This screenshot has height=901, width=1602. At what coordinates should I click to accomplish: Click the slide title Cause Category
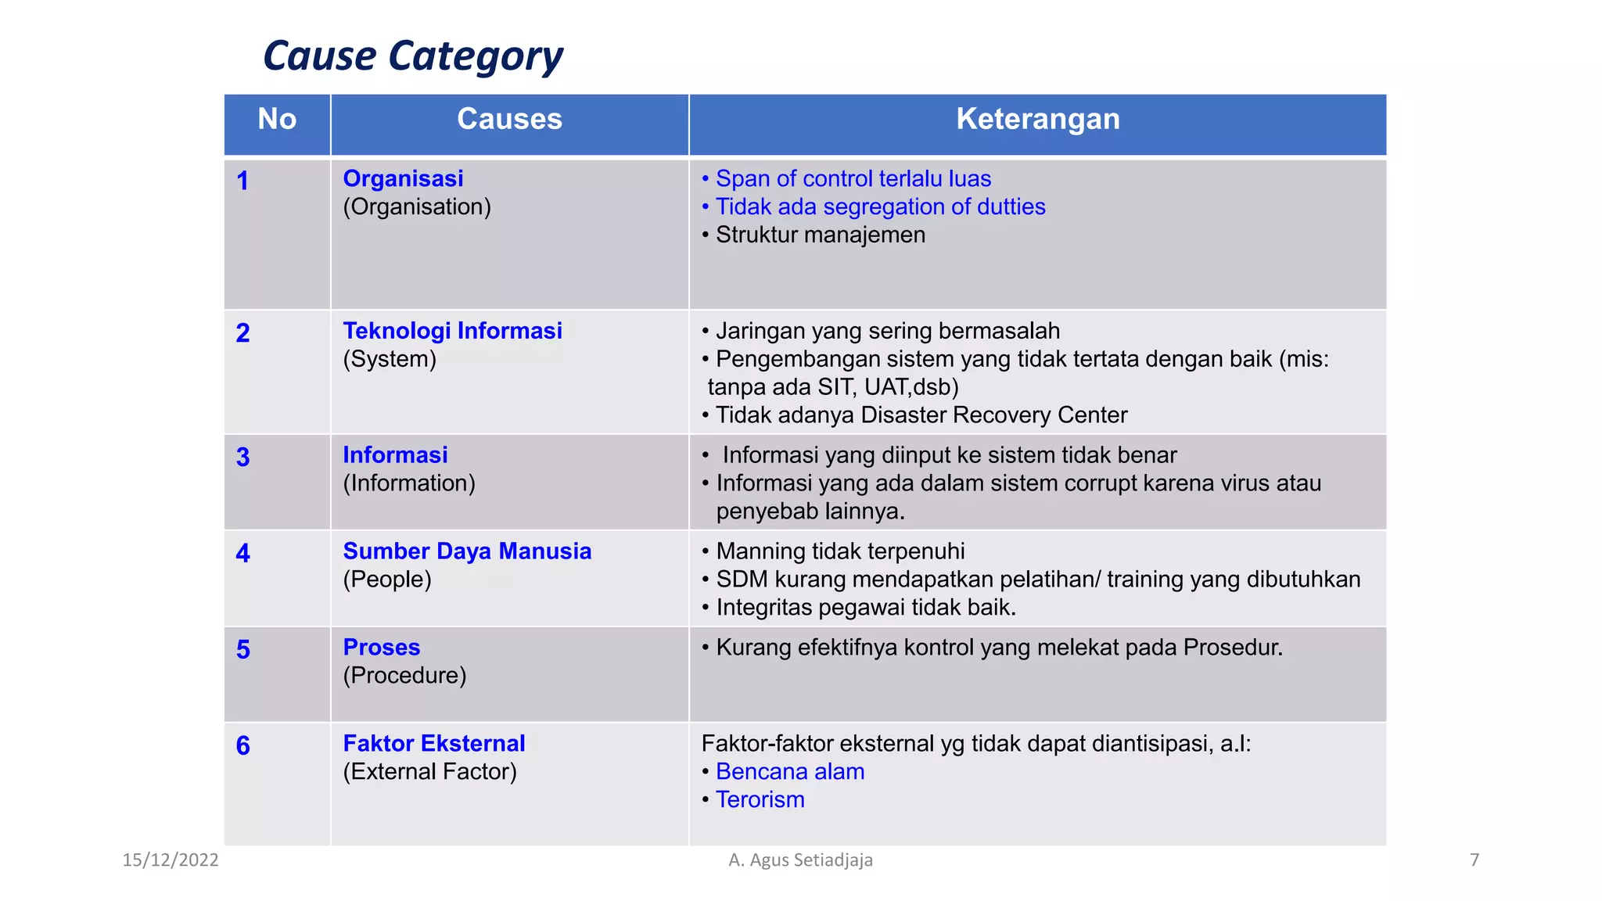coord(412,56)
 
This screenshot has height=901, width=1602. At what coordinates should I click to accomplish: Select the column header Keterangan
coord(1037,120)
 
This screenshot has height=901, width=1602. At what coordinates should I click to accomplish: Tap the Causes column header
coord(509,120)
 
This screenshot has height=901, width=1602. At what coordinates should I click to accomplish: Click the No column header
coord(277,120)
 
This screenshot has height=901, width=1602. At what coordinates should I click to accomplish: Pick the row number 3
coord(243,458)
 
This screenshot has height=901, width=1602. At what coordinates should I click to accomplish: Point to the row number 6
coord(243,746)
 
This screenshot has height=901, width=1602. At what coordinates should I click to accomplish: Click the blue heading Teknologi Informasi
coord(452,331)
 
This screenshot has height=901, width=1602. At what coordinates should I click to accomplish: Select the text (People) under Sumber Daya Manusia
coord(387,580)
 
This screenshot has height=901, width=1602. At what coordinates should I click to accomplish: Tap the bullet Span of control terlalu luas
coord(853,179)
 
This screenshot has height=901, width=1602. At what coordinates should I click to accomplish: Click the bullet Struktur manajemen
coord(820,235)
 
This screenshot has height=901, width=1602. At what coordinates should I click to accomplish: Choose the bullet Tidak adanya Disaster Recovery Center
coord(921,415)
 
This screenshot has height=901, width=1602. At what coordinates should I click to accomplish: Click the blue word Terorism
coord(760,800)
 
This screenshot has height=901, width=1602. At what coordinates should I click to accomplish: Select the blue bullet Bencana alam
coord(789,772)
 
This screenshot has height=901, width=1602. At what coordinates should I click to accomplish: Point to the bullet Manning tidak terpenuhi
coord(839,551)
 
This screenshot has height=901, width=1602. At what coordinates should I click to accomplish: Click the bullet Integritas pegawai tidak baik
coord(865,608)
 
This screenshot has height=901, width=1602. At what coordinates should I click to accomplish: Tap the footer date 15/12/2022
coord(171,860)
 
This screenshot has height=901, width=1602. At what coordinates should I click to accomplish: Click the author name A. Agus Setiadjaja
coord(800,860)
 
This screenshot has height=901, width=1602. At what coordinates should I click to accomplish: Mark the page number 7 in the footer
coord(1474,860)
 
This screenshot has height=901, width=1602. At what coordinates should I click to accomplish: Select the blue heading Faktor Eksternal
coord(434,744)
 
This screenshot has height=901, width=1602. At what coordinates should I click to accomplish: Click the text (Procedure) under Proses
coord(404,676)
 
